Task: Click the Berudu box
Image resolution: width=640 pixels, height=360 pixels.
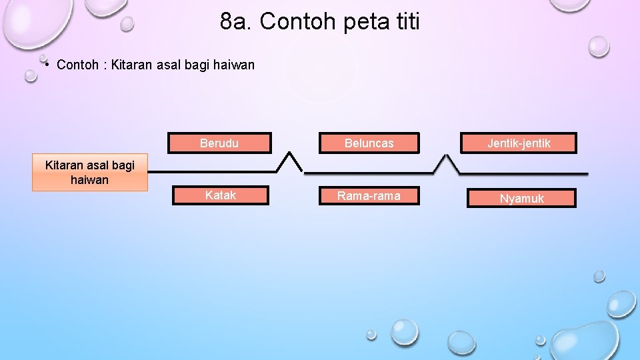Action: click(219, 143)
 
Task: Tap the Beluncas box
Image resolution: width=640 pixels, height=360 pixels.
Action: click(369, 143)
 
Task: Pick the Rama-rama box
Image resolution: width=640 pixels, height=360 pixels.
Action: click(369, 195)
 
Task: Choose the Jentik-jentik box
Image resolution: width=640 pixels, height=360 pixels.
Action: click(519, 143)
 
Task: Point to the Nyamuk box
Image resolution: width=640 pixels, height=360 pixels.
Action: click(521, 198)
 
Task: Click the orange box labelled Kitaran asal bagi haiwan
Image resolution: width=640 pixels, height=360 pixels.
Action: click(89, 173)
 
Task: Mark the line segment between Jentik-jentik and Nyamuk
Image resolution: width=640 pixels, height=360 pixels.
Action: click(523, 173)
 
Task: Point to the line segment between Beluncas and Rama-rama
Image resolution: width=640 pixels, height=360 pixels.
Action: click(370, 172)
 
